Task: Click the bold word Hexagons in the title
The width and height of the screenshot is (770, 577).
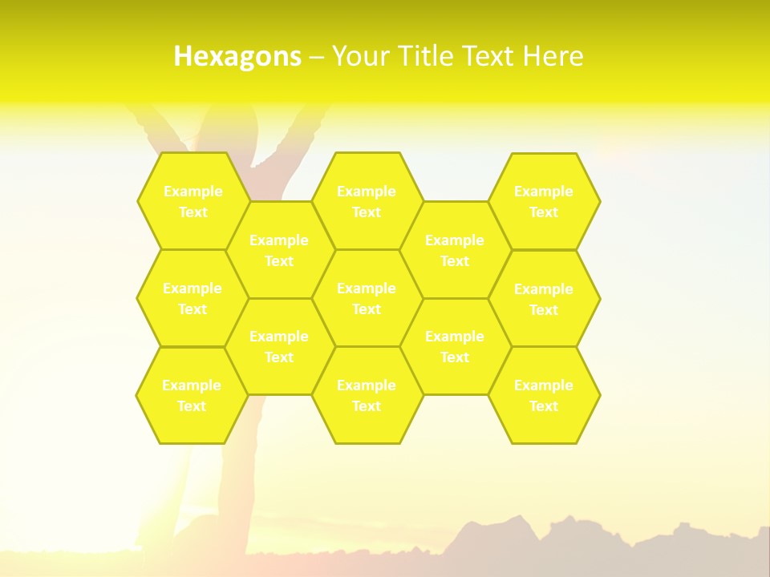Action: tap(237, 56)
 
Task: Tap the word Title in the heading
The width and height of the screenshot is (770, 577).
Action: tap(425, 56)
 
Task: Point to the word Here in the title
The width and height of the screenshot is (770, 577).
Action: tap(553, 56)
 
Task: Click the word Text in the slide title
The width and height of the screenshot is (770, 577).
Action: tap(488, 56)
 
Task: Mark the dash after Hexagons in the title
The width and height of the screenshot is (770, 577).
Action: tap(316, 56)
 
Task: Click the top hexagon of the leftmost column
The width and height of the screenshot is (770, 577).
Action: tap(192, 201)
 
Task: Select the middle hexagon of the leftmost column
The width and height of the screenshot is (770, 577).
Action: tap(192, 298)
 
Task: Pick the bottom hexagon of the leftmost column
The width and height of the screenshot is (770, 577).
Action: tap(192, 395)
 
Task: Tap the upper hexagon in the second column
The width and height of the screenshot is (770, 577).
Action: tap(279, 250)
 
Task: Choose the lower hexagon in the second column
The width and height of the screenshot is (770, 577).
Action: tap(279, 346)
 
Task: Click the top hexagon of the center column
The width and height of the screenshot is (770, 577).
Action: tap(367, 201)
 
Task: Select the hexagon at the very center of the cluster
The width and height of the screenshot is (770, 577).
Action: tap(367, 298)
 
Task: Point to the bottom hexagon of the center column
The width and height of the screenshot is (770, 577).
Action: tap(367, 395)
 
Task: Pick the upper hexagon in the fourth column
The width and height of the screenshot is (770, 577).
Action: tap(455, 250)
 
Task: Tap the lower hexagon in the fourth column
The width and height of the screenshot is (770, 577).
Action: tap(455, 346)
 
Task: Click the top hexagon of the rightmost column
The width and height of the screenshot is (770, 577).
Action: tap(544, 201)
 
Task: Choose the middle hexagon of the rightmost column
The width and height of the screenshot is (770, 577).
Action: tap(544, 299)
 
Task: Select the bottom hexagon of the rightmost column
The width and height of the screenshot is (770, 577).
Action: tap(544, 395)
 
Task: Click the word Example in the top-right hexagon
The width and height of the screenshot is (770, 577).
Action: tap(544, 192)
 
